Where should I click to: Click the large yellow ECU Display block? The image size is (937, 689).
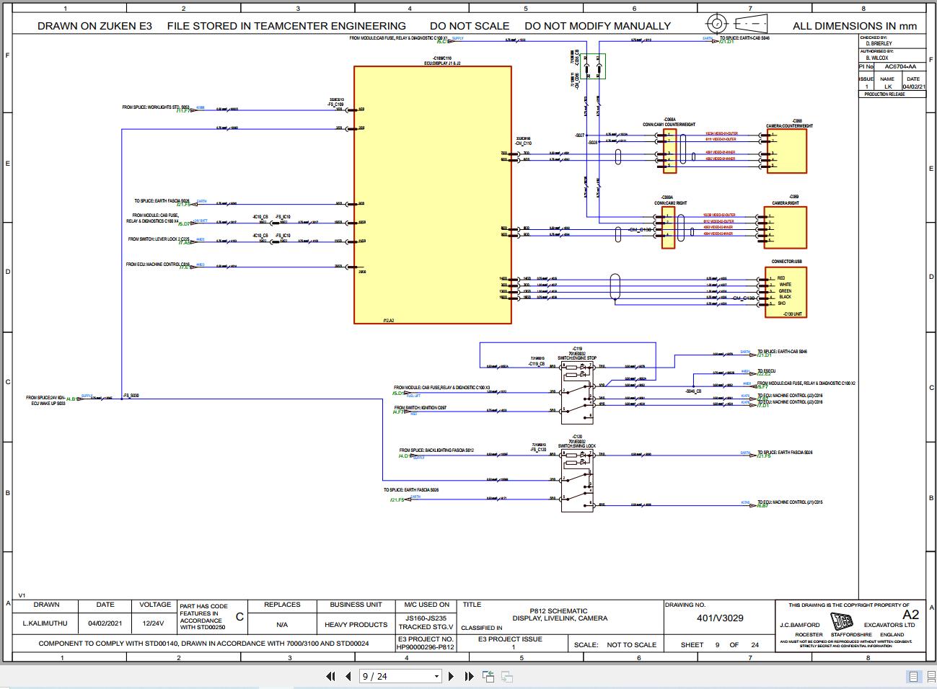[432, 195]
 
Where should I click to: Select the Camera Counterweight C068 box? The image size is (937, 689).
[786, 151]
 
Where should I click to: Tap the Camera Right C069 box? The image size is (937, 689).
[786, 228]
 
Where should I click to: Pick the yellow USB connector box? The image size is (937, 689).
[786, 292]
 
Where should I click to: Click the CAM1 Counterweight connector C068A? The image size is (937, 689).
[669, 151]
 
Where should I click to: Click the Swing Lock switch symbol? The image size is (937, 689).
[576, 476]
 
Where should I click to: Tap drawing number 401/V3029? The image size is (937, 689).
[719, 618]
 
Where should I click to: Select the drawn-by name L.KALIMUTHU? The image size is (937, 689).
[46, 624]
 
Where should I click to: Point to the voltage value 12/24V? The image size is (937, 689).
[155, 624]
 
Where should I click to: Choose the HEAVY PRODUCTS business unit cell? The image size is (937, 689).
[356, 624]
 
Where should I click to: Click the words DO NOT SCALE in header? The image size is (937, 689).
[470, 26]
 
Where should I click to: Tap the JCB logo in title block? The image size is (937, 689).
[841, 621]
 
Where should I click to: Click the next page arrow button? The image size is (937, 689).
[452, 676]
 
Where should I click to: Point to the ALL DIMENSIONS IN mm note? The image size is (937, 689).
[855, 26]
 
